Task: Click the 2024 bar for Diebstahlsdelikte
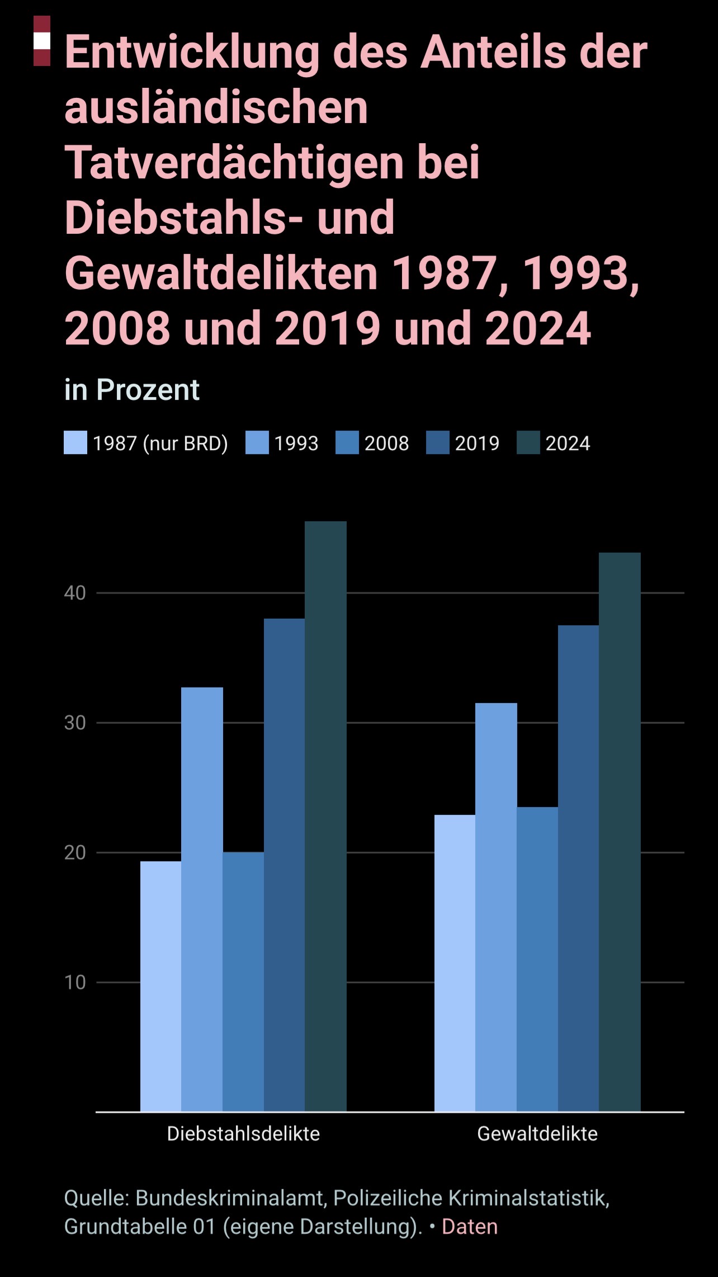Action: pos(325,816)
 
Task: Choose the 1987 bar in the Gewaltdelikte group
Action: pos(455,963)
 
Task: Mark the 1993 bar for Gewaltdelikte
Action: pos(496,907)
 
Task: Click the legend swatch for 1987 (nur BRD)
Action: pos(75,443)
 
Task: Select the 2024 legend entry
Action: pos(567,443)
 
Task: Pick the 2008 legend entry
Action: pos(386,443)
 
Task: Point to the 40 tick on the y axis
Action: pos(75,593)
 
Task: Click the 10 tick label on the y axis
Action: pos(75,982)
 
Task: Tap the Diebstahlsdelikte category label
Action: pos(243,1134)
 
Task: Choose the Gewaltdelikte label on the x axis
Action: pos(537,1134)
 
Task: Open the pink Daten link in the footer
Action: pos(470,1227)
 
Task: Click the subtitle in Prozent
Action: pos(132,390)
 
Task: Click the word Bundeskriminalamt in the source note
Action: pos(230,1198)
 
